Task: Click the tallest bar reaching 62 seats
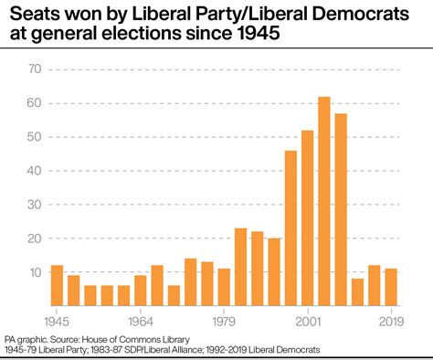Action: [323, 201]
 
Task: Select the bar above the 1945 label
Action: [57, 285]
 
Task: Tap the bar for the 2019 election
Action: [391, 287]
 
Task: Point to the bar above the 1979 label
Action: [224, 287]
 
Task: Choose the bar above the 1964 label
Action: [140, 291]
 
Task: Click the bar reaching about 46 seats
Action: [290, 228]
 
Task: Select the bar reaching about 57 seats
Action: [341, 209]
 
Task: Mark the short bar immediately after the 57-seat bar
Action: [357, 292]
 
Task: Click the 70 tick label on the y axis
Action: [35, 69]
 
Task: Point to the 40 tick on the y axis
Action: [35, 171]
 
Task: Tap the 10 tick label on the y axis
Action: [35, 272]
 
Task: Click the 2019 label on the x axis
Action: [391, 321]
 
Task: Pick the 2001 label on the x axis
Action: [307, 321]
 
